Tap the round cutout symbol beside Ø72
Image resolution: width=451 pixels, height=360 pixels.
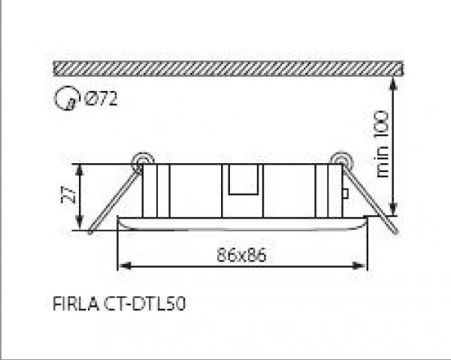[x=68, y=98]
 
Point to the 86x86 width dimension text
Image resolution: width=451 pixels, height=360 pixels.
[x=242, y=254]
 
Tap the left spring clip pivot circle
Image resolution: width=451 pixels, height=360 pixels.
[x=141, y=160]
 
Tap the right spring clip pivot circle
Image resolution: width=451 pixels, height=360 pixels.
[x=341, y=160]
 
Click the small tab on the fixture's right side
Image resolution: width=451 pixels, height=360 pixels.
[x=345, y=193]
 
